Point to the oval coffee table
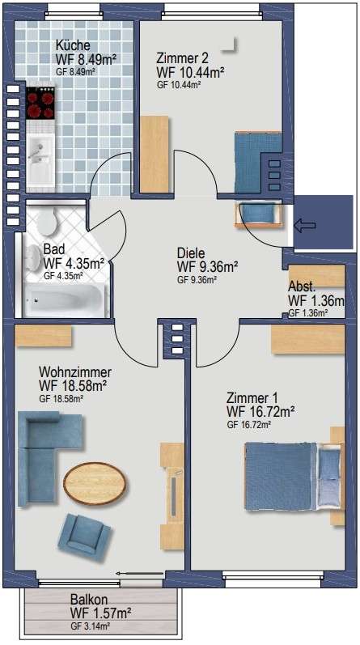pos(95,483)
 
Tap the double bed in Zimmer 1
pos(293,477)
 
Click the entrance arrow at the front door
pos(305,225)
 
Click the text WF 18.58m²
pos(74,386)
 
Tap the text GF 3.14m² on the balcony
pos(90,626)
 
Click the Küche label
pos(73,45)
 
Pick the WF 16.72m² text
pos(261,411)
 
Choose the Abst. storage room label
pos(302,286)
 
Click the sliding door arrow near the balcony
pos(139,573)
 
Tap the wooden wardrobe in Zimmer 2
pos(155,155)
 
